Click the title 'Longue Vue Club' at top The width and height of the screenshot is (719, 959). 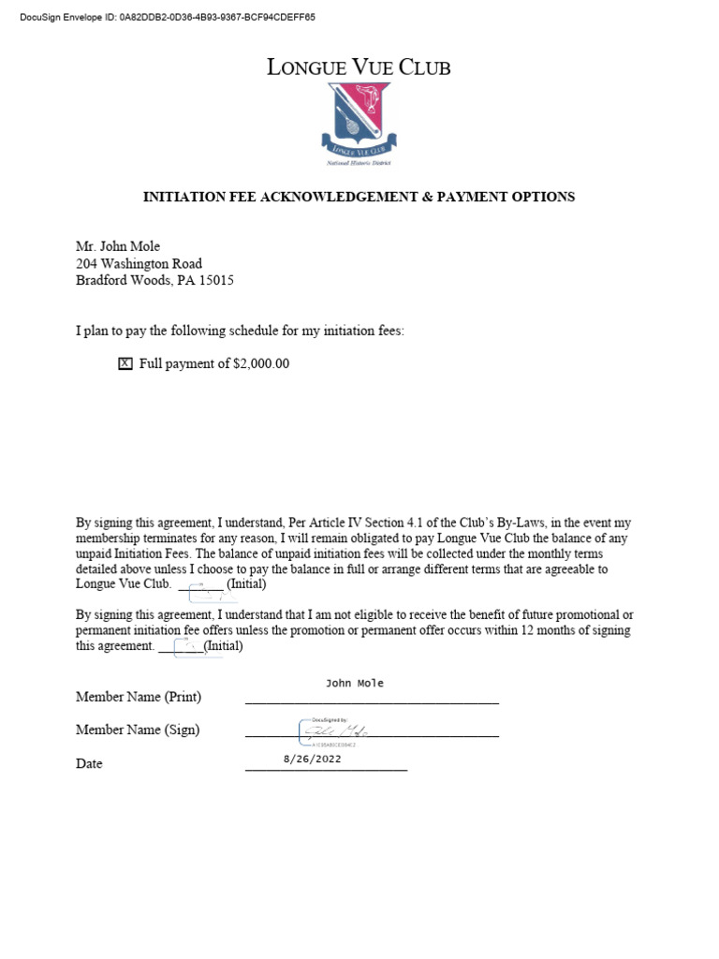[359, 66]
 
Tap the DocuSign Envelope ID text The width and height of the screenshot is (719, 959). [168, 17]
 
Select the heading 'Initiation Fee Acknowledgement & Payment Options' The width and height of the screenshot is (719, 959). [359, 197]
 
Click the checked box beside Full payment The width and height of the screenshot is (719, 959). [125, 364]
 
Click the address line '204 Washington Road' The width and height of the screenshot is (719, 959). [139, 264]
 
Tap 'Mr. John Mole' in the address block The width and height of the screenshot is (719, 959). [118, 247]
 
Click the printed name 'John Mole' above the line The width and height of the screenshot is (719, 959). [354, 683]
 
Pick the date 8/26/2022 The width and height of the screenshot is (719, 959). [312, 760]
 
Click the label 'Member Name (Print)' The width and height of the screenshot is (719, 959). [139, 697]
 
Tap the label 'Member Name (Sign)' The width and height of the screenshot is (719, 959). [138, 730]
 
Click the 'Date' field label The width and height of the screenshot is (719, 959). [89, 763]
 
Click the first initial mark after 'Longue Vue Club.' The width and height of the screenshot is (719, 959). [206, 590]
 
